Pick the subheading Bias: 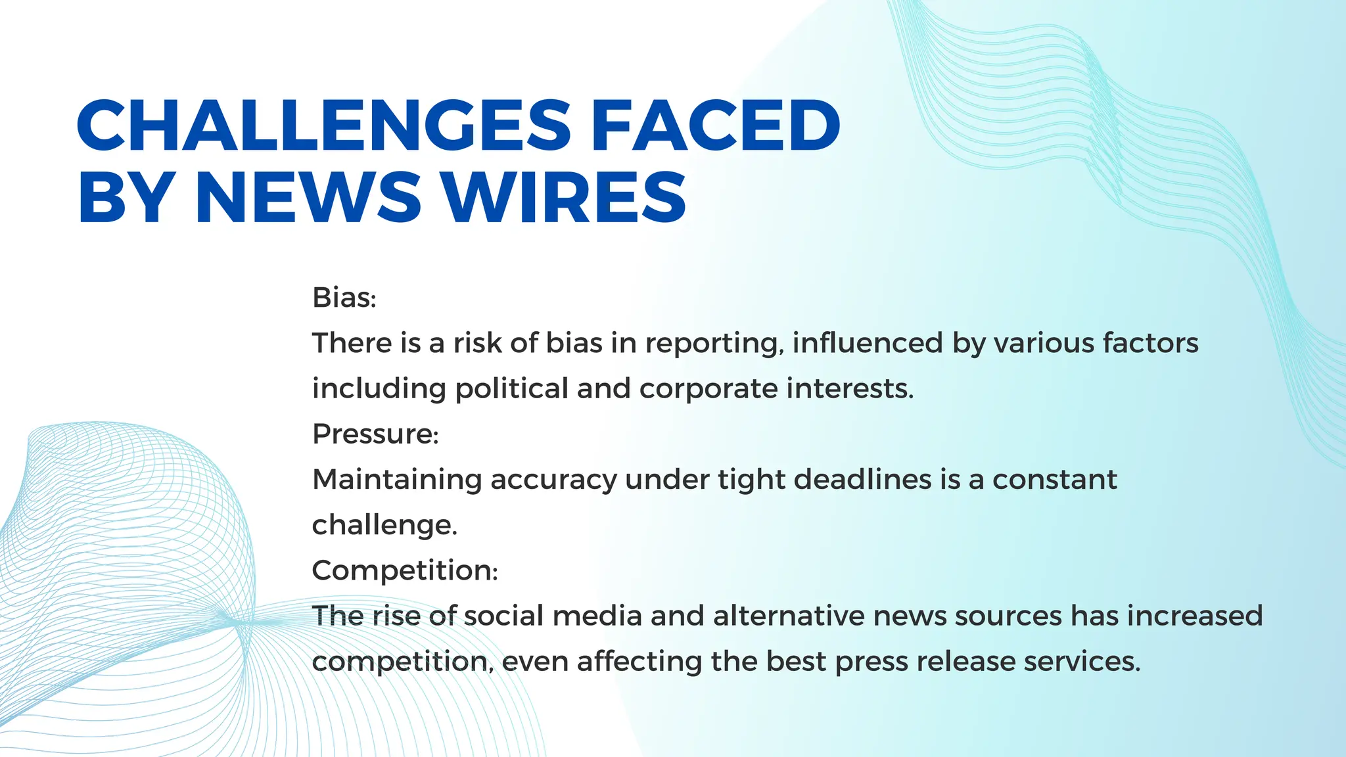click(344, 298)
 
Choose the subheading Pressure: click(375, 434)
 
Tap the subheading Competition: click(405, 570)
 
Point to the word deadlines click(863, 479)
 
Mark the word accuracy click(553, 480)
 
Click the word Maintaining click(397, 479)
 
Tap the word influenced click(868, 343)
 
